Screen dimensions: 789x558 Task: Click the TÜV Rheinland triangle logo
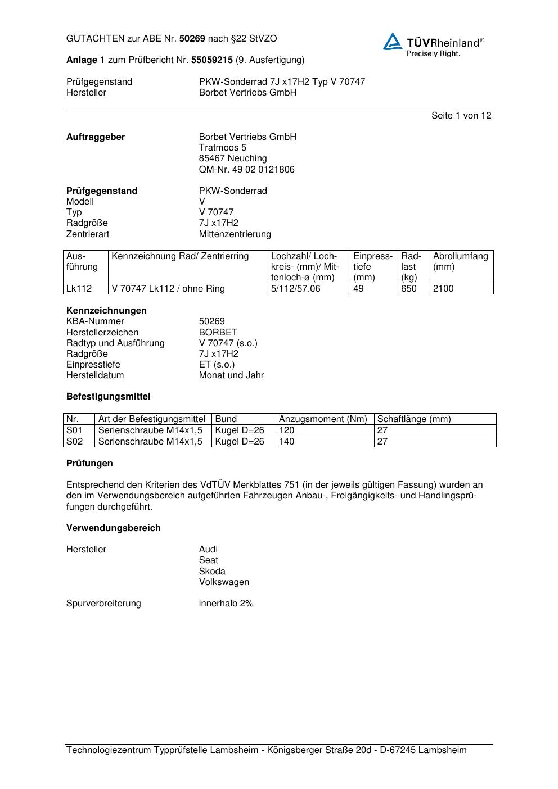pyautogui.click(x=393, y=42)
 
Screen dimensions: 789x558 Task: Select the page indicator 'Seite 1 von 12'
pyautogui.click(x=461, y=116)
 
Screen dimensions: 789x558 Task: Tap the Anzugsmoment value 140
pyautogui.click(x=286, y=442)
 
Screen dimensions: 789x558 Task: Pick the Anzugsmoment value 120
pyautogui.click(x=286, y=430)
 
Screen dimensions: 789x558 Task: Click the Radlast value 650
pyautogui.click(x=408, y=289)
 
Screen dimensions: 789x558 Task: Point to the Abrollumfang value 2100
pyautogui.click(x=443, y=289)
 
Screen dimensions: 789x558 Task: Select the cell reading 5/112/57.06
pyautogui.click(x=295, y=289)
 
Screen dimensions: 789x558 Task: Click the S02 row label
pyautogui.click(x=74, y=442)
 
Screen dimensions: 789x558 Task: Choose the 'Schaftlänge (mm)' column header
pyautogui.click(x=414, y=419)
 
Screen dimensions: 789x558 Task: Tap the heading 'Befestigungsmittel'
pyautogui.click(x=108, y=397)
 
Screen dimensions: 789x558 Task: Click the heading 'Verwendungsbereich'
pyautogui.click(x=113, y=528)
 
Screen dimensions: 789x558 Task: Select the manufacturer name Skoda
pyautogui.click(x=212, y=572)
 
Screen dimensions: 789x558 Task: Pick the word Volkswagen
pyautogui.click(x=224, y=582)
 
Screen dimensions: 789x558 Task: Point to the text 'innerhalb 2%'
pyautogui.click(x=226, y=604)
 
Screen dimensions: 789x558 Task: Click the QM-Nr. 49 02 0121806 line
pyautogui.click(x=246, y=170)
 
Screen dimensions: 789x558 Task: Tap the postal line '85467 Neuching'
pyautogui.click(x=233, y=158)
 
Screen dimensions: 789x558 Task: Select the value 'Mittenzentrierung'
pyautogui.click(x=235, y=234)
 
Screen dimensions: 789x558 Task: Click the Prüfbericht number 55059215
pyautogui.click(x=212, y=60)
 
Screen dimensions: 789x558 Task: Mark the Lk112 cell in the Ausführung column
pyautogui.click(x=79, y=289)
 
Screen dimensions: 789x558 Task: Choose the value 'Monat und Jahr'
pyautogui.click(x=231, y=375)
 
